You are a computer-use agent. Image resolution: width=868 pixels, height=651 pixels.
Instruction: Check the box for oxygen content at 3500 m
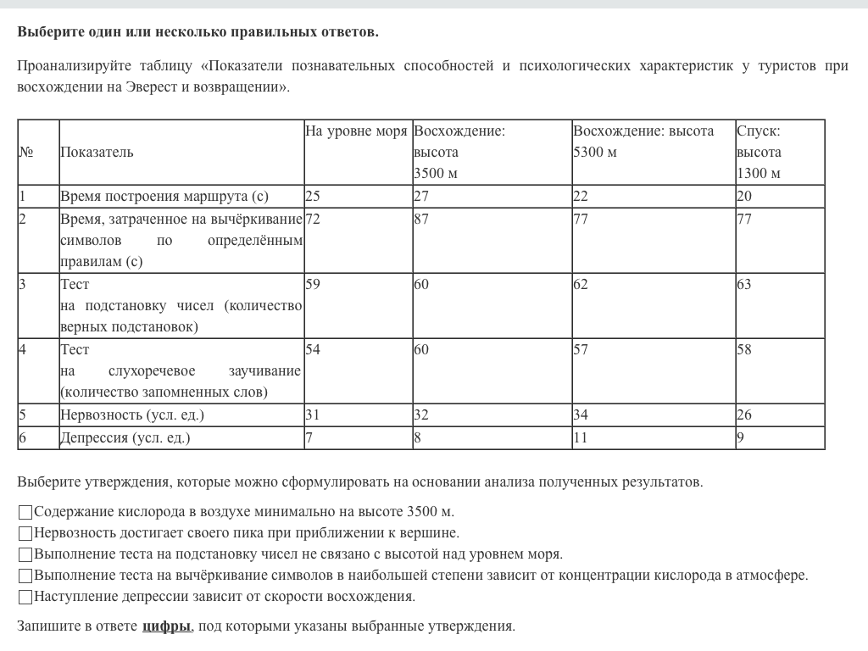click(25, 512)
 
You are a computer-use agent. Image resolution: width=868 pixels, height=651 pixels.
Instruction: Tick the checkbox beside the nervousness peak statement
click(25, 533)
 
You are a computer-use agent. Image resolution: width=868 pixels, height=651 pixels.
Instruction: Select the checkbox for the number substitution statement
click(25, 554)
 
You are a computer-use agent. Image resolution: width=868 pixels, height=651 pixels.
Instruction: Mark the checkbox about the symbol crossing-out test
click(25, 576)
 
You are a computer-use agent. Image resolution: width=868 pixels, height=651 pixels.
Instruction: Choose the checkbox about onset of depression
click(25, 597)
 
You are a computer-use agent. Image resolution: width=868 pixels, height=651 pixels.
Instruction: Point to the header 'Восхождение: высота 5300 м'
click(643, 142)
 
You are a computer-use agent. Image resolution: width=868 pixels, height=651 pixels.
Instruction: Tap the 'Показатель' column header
click(97, 153)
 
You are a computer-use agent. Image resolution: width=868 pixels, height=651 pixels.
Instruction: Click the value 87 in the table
click(421, 220)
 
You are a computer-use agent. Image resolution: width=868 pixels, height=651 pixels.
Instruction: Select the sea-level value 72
click(313, 220)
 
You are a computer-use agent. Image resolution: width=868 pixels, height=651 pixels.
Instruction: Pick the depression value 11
click(580, 438)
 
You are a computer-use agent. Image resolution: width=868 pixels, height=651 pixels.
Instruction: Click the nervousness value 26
click(743, 415)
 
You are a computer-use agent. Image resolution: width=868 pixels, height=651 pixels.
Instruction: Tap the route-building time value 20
click(743, 197)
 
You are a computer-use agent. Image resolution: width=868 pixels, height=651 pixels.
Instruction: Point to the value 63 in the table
click(743, 285)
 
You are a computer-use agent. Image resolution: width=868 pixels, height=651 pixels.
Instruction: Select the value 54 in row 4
click(313, 350)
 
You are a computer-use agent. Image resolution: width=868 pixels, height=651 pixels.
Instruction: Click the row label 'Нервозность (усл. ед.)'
click(132, 415)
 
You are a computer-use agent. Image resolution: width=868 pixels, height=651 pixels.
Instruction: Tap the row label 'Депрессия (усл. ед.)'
click(125, 438)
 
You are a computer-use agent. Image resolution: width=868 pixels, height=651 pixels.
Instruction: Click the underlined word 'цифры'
click(166, 626)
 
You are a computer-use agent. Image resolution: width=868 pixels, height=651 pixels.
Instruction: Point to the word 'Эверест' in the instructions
click(155, 86)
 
